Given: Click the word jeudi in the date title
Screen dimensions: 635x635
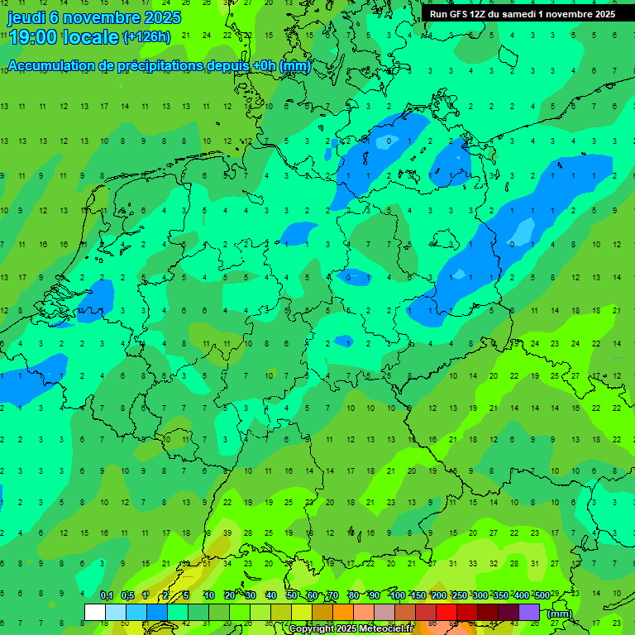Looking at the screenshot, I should (x=28, y=17).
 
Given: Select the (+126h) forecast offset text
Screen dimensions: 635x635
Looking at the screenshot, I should (x=146, y=37).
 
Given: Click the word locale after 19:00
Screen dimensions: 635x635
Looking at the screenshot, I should (x=92, y=37).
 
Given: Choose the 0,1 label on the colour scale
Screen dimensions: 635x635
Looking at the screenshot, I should (x=107, y=596).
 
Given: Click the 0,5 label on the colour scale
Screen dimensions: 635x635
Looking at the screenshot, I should (x=127, y=596).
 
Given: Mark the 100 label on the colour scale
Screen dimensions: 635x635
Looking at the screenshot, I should (x=398, y=596).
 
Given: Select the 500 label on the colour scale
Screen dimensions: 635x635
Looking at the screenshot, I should (x=542, y=596).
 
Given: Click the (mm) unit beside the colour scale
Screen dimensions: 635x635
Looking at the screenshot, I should (x=560, y=614).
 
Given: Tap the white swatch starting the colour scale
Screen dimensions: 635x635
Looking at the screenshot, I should (x=95, y=613).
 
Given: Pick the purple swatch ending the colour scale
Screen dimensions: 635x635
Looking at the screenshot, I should (x=529, y=613).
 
